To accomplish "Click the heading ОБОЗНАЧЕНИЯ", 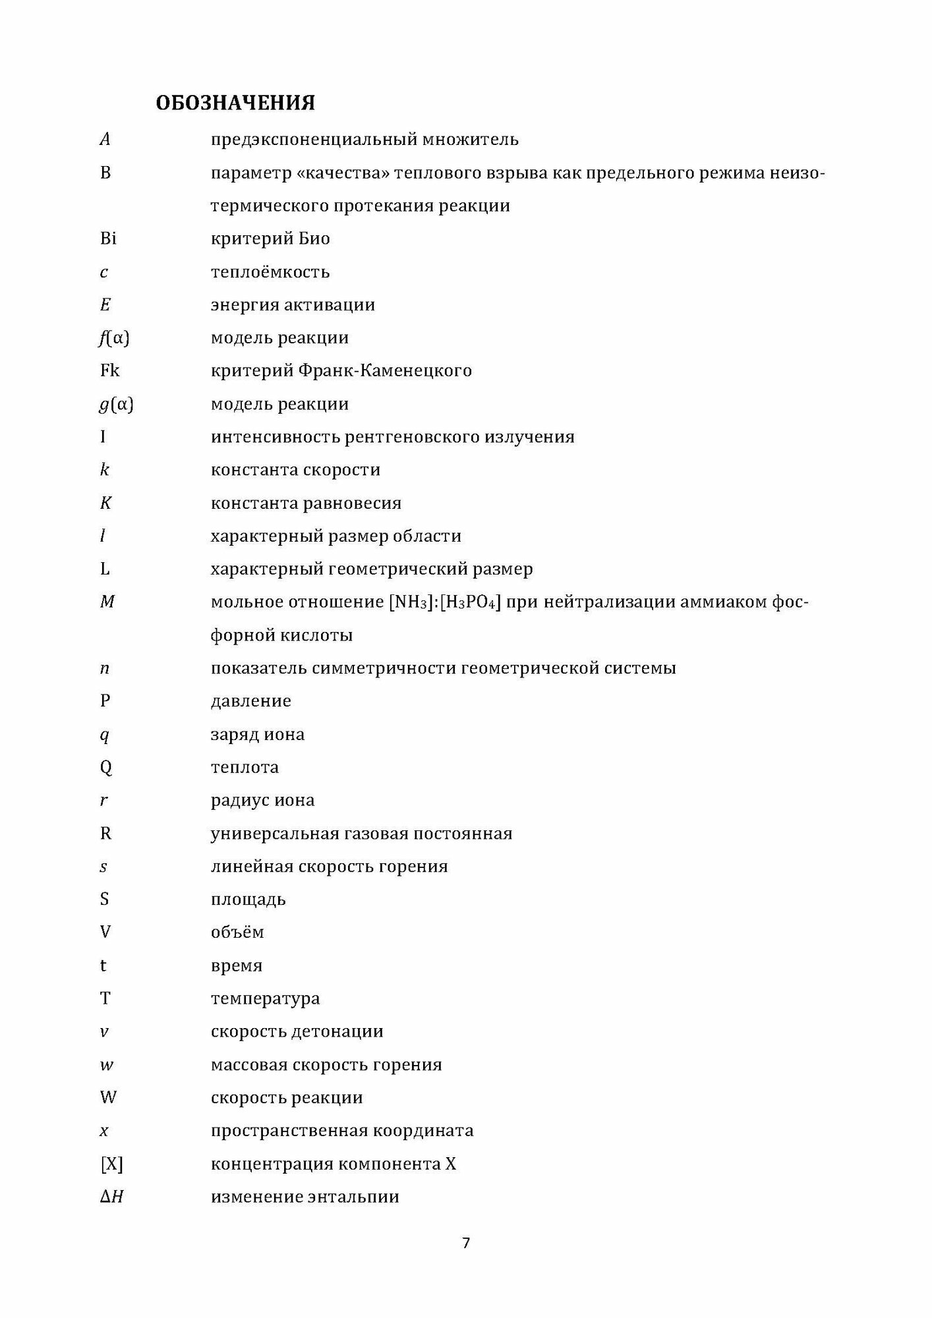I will point(235,103).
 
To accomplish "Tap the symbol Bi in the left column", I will point(108,238).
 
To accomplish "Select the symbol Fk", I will point(109,370).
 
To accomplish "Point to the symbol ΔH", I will point(112,1196).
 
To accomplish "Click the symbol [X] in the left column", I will point(111,1163).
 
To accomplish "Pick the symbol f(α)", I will point(113,337).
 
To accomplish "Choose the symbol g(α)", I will point(115,404).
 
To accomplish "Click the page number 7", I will point(466,1243).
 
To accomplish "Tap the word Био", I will point(314,239).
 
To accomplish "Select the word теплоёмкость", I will point(270,272).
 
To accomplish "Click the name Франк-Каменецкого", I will point(385,370).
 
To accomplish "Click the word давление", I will point(250,701).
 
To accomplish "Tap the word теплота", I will point(245,767).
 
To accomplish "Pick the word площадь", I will point(248,900).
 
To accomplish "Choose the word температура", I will point(265,998).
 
